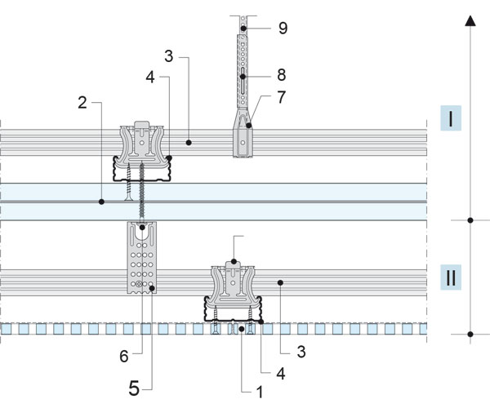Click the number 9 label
coord(282,28)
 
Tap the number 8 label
coord(282,73)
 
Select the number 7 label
coord(282,98)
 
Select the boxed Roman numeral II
coord(452,277)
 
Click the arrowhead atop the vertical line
coord(470,21)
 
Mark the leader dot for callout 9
coord(243,29)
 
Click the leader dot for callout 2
coord(101,201)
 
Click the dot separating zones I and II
coord(470,220)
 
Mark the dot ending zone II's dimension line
coord(470,335)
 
